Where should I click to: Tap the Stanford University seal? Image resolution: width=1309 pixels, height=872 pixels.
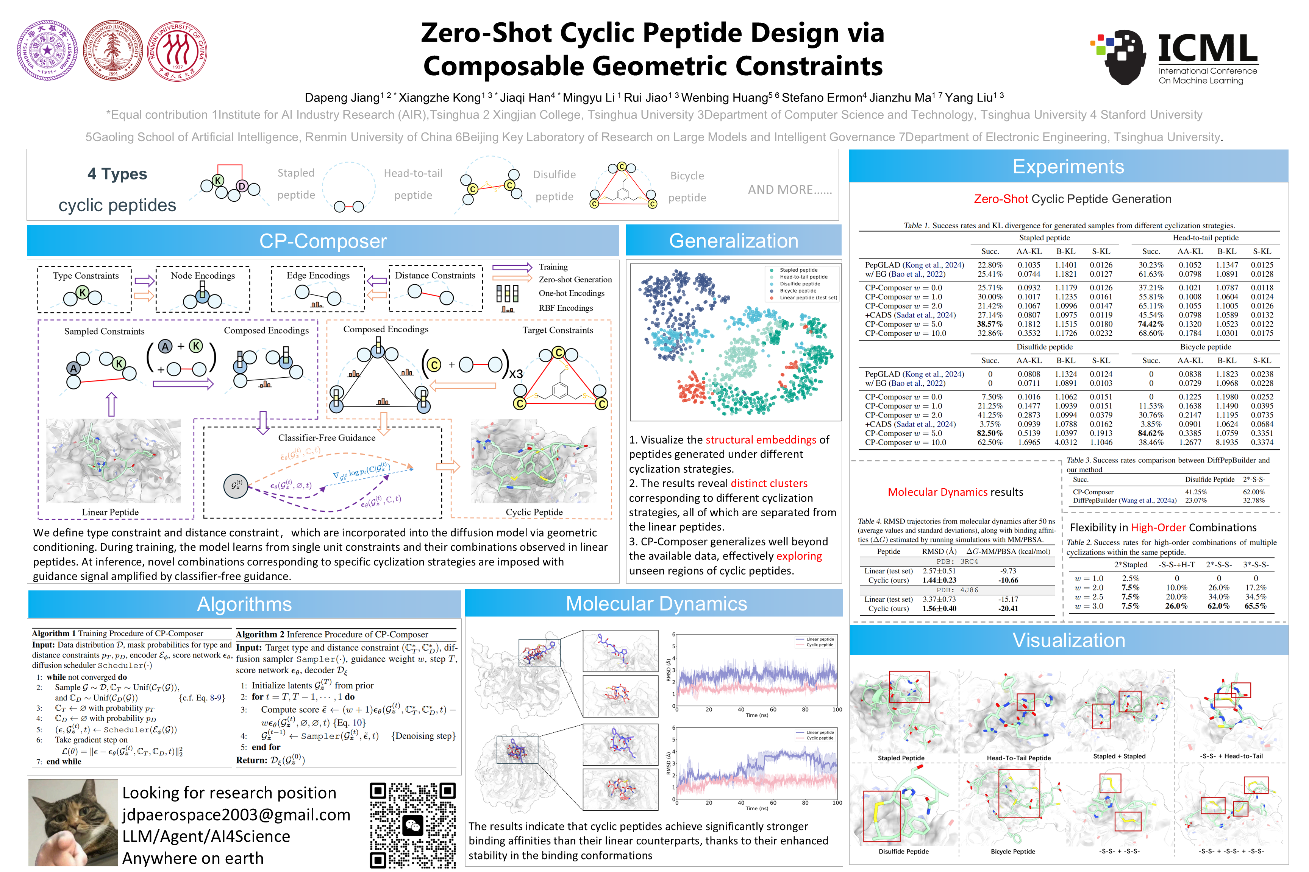(x=113, y=51)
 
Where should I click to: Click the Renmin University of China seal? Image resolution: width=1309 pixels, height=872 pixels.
(x=177, y=51)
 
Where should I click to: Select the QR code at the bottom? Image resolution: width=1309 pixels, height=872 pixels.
(x=412, y=825)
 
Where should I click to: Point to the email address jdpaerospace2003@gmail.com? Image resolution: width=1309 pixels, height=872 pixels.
(x=236, y=815)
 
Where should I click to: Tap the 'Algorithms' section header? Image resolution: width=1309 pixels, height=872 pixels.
(x=244, y=604)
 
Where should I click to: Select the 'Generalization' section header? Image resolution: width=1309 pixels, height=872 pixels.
(x=733, y=241)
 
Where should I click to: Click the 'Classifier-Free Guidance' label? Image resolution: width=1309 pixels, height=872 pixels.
(x=327, y=438)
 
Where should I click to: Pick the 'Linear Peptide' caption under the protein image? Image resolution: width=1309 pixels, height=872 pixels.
(x=110, y=512)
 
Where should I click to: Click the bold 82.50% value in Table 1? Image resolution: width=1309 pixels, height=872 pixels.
(x=990, y=433)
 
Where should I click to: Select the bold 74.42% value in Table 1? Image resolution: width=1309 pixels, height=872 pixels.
(x=1151, y=324)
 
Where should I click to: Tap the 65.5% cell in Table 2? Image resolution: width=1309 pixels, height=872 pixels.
(x=1256, y=606)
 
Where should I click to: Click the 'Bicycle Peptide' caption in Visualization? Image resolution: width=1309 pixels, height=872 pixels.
(x=1013, y=852)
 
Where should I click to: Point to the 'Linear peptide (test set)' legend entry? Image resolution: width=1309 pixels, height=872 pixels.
(x=808, y=297)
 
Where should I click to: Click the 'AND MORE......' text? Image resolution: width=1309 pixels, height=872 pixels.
(x=790, y=190)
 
